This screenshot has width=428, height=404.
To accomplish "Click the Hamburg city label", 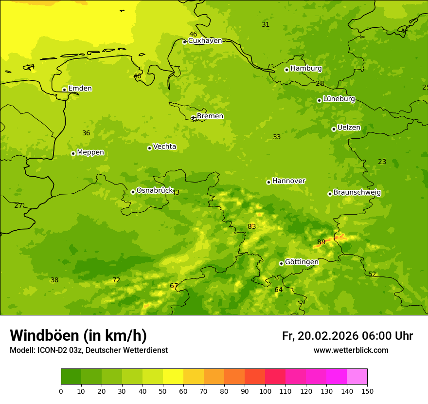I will point(306,69).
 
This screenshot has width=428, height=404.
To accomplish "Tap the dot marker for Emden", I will point(64,90).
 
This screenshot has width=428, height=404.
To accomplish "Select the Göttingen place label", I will point(302,262).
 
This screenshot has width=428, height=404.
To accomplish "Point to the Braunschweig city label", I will point(357,193).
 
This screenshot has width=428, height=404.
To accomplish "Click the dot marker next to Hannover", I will point(268,182).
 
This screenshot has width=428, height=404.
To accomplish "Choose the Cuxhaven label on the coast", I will point(205,41).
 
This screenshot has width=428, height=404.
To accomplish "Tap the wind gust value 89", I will point(321,242).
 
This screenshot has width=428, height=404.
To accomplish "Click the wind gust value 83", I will point(251,226).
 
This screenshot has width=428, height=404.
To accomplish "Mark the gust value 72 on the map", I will point(116,280).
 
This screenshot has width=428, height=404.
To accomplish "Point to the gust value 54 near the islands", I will point(31,66).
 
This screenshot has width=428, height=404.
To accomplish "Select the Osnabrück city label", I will point(155,190).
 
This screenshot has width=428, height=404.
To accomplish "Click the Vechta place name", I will point(164,147).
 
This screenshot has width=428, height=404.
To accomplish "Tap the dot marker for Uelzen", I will point(334,129).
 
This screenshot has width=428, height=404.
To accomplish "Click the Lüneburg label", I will point(339,99).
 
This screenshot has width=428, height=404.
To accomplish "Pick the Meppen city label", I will point(90,152).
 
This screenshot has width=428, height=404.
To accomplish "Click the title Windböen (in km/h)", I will point(78,335).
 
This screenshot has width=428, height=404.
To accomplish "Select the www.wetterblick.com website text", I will point(351,350).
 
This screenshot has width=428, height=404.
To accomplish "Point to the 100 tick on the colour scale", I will point(265,391).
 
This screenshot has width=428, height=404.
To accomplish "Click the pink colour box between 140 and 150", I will point(357,377).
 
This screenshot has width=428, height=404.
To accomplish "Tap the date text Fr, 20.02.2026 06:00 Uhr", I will point(347,336).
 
